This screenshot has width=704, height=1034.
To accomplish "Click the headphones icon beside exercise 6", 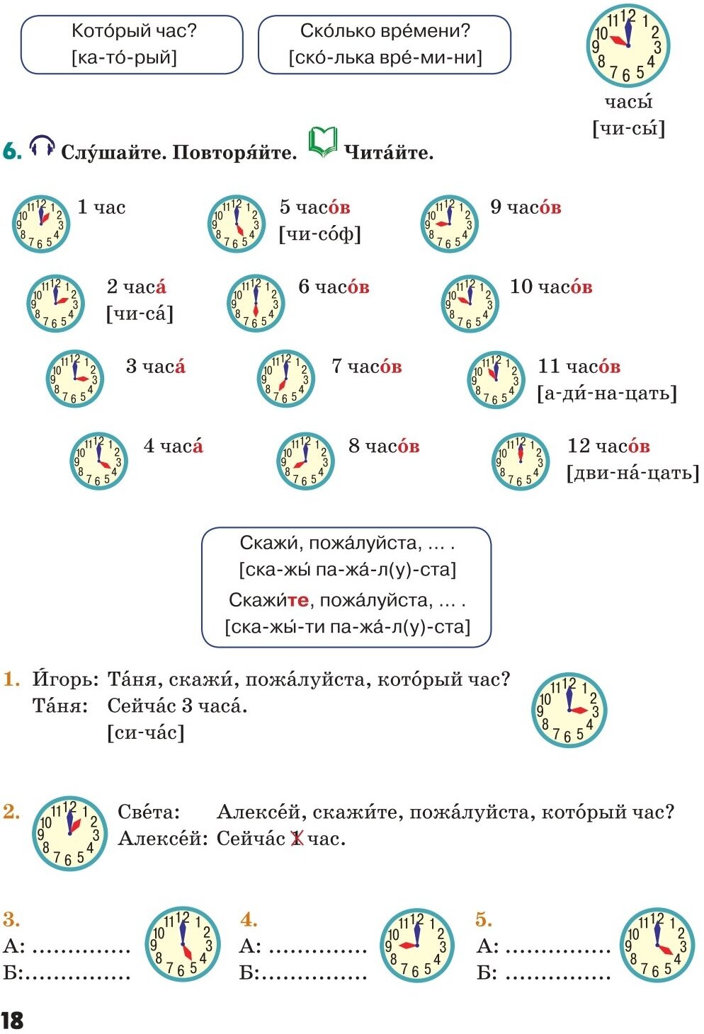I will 42,147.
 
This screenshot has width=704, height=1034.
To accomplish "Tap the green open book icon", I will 322,142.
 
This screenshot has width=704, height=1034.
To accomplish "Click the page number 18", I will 12,1020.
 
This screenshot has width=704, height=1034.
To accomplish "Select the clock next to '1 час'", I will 41,224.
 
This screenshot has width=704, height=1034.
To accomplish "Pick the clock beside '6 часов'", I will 256,304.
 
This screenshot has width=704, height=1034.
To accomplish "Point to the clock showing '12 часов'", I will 521,461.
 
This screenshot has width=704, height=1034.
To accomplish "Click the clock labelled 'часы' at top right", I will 628,47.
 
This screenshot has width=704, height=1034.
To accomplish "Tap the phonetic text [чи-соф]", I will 320,234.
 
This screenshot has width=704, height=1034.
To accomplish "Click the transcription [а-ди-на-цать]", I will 607,393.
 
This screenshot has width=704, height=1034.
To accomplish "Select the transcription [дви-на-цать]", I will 632,473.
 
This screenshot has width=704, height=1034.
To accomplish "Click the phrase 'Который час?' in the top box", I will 135,31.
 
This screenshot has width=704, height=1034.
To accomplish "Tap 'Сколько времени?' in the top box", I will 385,31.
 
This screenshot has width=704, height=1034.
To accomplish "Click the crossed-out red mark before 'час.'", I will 297,839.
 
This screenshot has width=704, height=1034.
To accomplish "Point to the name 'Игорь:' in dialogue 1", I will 65,679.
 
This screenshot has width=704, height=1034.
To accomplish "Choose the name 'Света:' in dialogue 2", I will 149,812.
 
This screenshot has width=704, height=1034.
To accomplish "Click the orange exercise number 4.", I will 248,919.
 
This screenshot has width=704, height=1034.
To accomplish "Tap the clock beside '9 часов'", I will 449,224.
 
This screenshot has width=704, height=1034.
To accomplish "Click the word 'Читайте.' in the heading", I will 389,153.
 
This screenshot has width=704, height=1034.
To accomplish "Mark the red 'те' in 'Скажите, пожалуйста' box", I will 298,600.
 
